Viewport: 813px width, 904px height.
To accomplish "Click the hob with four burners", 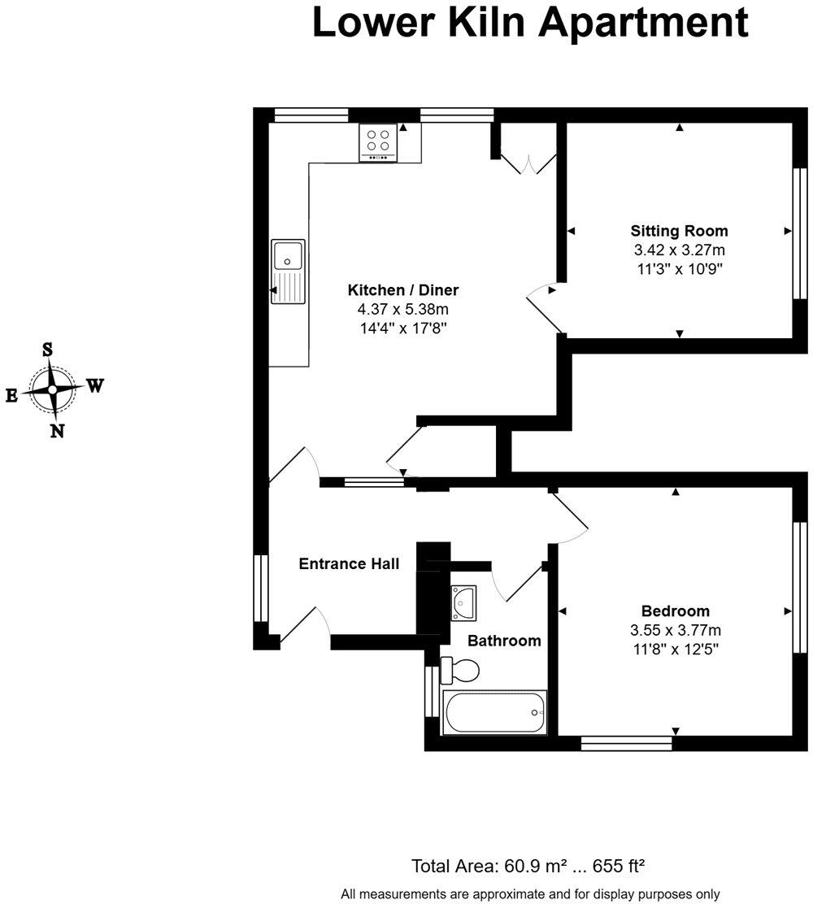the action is [x=378, y=142].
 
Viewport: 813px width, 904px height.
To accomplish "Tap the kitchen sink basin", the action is [x=288, y=255].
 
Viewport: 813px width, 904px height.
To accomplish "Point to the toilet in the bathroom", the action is [x=459, y=671].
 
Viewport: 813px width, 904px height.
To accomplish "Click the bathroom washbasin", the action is [x=463, y=602].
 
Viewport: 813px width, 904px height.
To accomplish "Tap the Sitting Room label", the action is [x=679, y=231].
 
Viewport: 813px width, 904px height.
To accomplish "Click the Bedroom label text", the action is [x=675, y=611].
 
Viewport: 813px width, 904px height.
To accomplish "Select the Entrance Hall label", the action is [x=349, y=564].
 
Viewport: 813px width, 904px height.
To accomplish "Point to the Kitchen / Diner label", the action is [x=403, y=290].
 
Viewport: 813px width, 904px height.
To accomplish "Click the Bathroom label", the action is [x=504, y=641].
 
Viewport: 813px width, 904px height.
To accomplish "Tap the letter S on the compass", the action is [x=48, y=350].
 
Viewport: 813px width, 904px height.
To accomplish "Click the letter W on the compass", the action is [x=94, y=385].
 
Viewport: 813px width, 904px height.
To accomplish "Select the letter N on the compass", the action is [x=57, y=431].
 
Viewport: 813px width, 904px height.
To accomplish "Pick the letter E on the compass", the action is [x=11, y=395].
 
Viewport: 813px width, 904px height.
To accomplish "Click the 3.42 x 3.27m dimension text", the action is [x=679, y=250].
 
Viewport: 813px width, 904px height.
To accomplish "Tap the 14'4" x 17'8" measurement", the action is [x=403, y=328].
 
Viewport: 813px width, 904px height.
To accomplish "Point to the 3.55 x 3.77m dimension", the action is [x=675, y=630].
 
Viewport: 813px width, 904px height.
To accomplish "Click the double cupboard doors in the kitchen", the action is [x=528, y=163].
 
